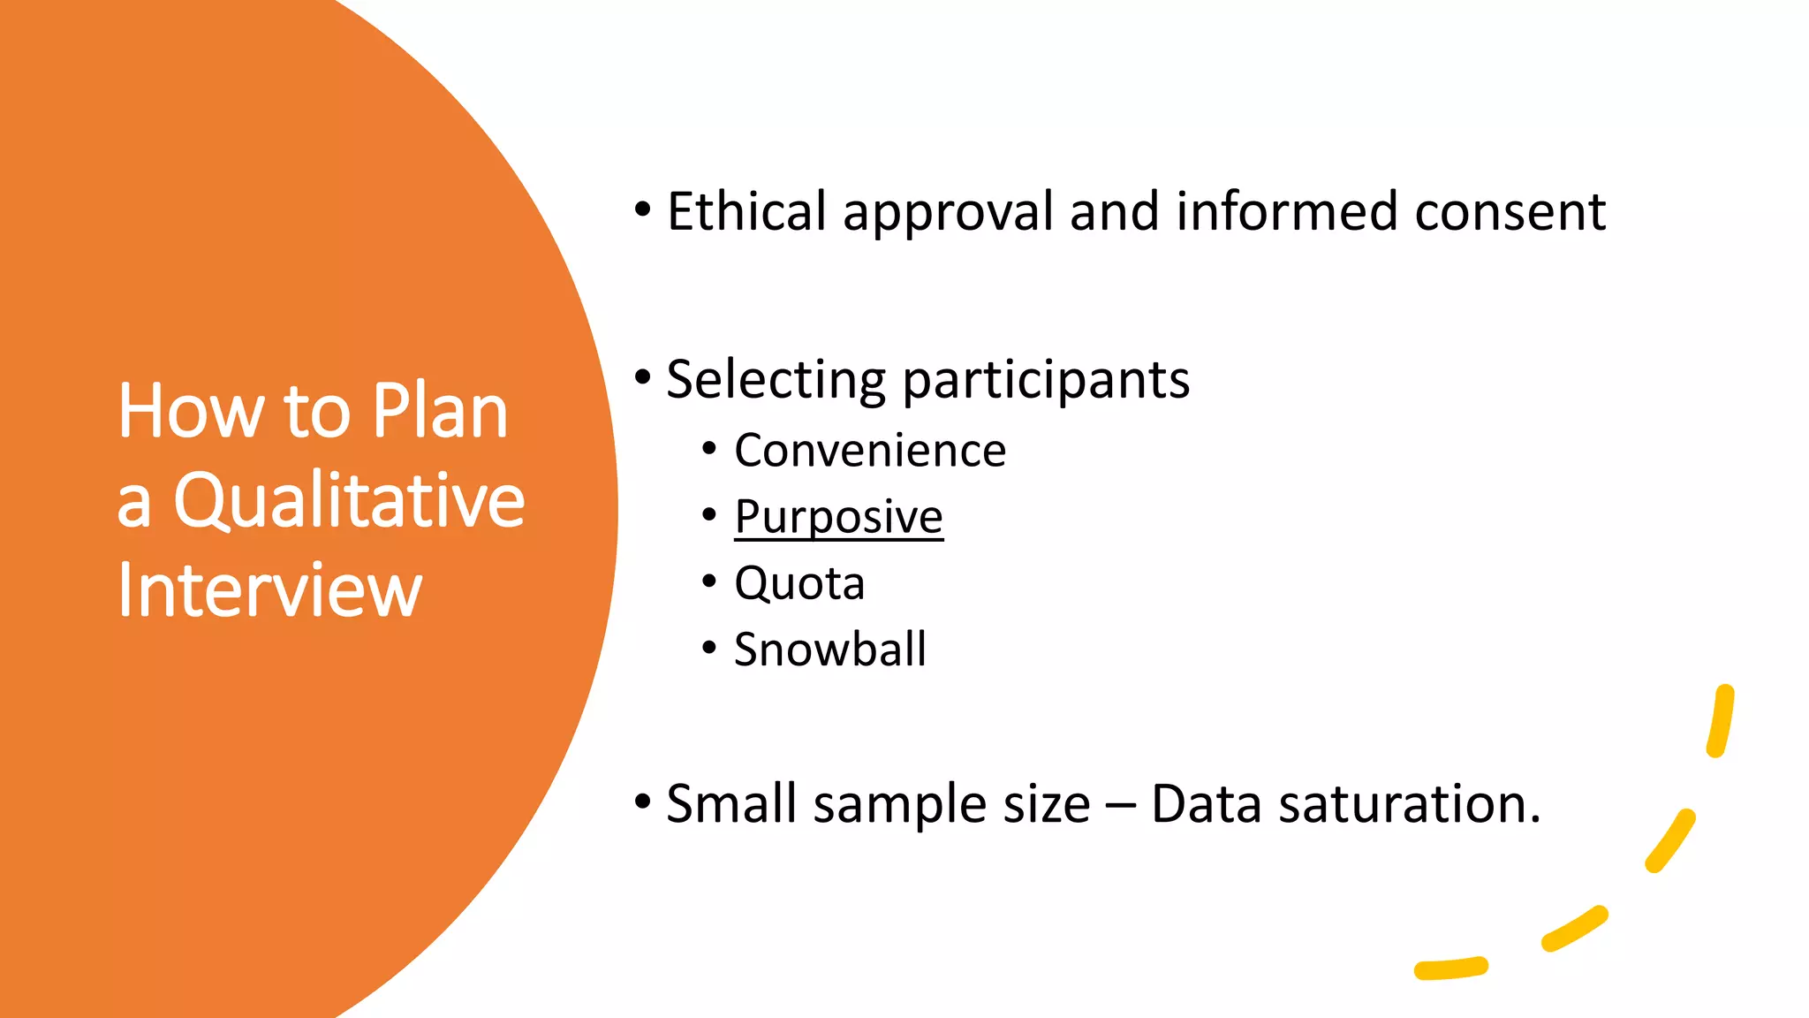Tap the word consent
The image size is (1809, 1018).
[1510, 212]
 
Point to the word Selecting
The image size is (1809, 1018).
[776, 380]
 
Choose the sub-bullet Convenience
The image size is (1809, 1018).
[870, 451]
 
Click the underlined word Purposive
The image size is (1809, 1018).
[838, 517]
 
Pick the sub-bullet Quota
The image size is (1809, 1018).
[799, 583]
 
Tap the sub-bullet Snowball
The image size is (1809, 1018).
[830, 650]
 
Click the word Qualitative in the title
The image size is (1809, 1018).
[349, 501]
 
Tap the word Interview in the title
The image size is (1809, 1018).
[269, 590]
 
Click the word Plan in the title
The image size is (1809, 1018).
[439, 411]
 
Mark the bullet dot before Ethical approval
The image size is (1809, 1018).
[643, 210]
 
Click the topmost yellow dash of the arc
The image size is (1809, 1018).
[1721, 720]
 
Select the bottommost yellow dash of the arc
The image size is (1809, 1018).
[1450, 968]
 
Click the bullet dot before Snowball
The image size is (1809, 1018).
[709, 648]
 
